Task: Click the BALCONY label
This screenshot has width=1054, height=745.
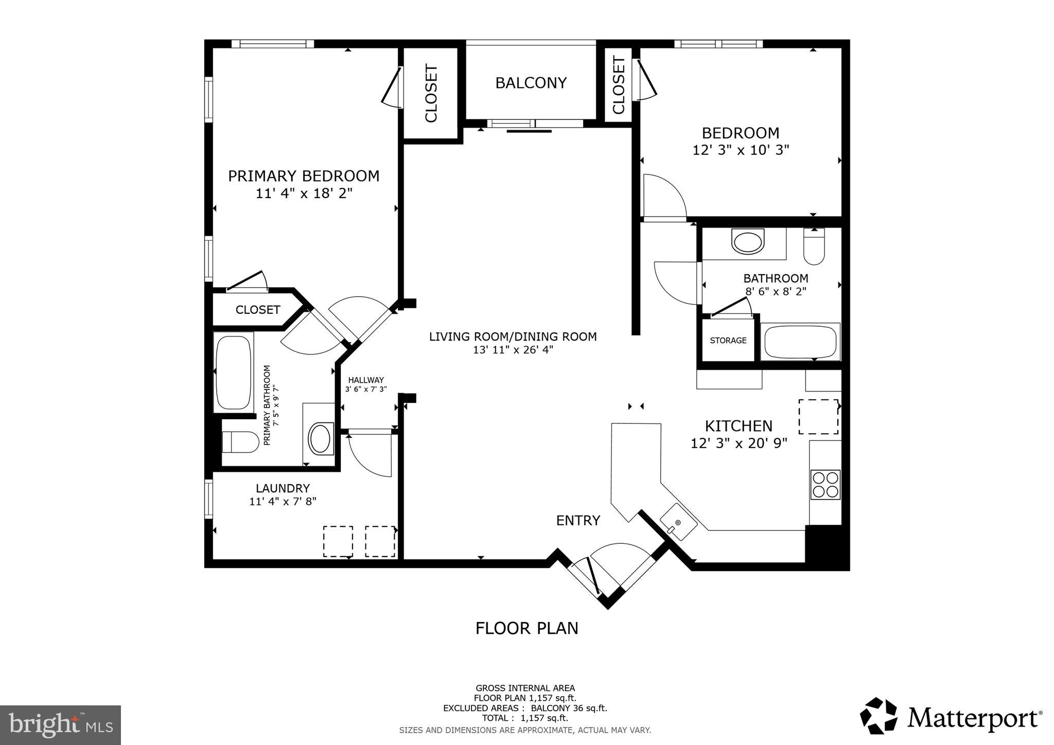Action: point(531,83)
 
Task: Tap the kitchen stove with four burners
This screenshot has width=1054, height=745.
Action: point(825,485)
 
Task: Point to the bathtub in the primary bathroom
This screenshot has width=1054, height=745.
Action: point(233,372)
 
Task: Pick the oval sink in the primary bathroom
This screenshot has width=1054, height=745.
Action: point(320,438)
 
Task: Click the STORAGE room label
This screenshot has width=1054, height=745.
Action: point(728,341)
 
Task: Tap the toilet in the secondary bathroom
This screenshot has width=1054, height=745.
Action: point(814,247)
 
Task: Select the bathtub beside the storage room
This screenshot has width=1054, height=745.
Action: point(800,342)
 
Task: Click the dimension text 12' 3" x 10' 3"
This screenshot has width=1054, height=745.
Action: point(741,150)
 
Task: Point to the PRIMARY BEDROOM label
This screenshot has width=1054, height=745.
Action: point(304,176)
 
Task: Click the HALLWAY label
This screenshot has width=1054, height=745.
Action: point(366,380)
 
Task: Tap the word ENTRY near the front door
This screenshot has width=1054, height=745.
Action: point(578,521)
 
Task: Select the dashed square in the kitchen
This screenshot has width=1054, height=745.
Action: point(818,416)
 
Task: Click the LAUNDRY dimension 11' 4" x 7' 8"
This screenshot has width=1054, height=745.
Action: point(283,502)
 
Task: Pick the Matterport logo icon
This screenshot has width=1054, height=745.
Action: point(879,716)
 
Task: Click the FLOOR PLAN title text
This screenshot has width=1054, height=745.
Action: point(526,629)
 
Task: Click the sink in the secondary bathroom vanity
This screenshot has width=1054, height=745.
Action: point(748,242)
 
